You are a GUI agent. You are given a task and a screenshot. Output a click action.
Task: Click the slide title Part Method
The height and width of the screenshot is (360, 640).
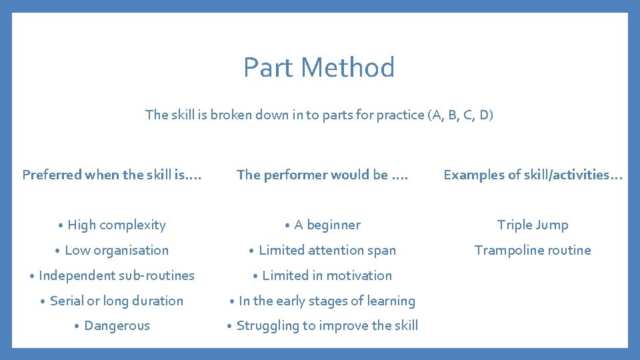[x=319, y=67]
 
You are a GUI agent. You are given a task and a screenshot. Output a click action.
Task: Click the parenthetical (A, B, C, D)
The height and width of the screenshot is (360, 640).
[x=462, y=115]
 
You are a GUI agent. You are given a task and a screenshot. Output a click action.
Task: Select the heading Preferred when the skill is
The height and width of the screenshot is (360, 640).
[x=111, y=175]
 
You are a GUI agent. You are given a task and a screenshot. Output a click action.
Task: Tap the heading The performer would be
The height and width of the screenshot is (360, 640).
[x=322, y=175]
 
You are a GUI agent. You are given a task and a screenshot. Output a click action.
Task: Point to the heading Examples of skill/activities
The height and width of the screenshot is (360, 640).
[x=533, y=175]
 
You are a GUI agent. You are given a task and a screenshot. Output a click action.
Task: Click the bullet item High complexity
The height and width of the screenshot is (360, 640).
[x=116, y=225]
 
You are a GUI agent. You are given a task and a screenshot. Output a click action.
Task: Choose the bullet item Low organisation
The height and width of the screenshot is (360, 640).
[x=117, y=251]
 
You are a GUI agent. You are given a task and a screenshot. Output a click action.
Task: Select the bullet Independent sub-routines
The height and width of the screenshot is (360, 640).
[x=116, y=275]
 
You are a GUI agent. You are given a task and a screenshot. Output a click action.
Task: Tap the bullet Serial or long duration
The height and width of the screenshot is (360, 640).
[x=116, y=301]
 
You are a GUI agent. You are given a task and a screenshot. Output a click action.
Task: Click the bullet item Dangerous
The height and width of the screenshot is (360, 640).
[x=117, y=326]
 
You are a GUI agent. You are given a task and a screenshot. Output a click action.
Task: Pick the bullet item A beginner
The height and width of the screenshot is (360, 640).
[x=327, y=225]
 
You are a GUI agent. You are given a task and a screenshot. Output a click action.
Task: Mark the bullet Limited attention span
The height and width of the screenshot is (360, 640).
[x=327, y=251]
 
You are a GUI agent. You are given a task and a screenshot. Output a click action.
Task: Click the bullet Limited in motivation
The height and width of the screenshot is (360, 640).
[x=327, y=275]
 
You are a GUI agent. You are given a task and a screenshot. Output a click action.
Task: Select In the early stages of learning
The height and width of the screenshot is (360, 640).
[x=327, y=301]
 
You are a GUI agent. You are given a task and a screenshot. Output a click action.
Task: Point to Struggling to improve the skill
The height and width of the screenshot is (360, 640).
[x=327, y=326]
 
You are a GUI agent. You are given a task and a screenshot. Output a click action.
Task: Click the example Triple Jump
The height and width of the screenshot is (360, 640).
[x=533, y=225]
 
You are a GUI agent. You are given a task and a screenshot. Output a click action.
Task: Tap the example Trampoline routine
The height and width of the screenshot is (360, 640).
[x=533, y=251]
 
